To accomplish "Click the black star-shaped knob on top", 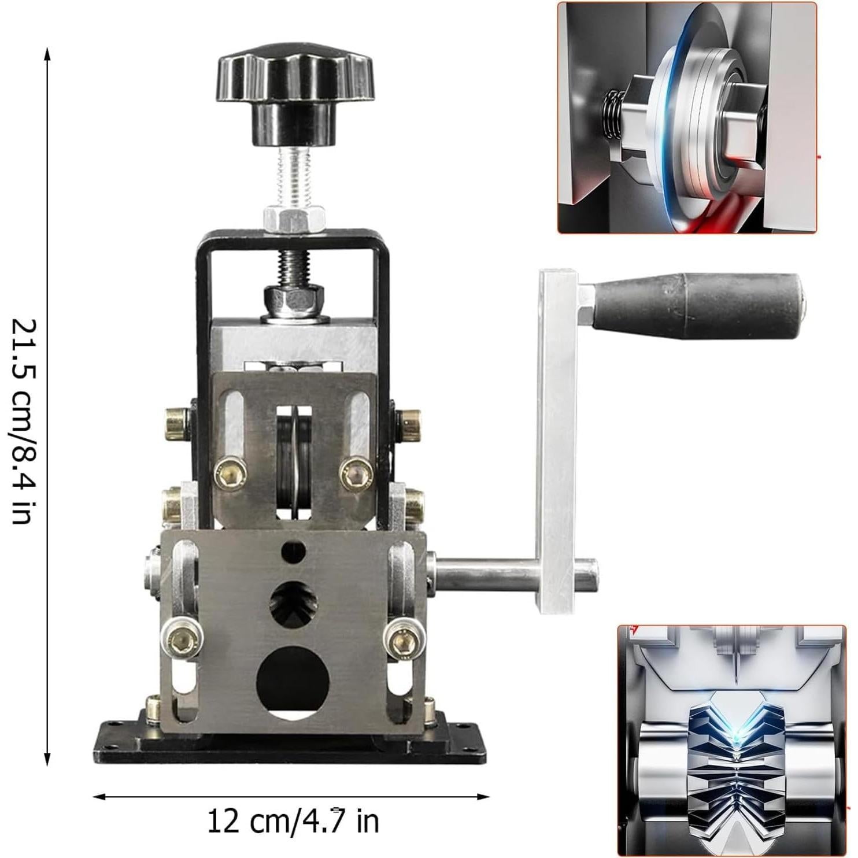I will tap(295, 81).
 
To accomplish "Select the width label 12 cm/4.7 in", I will tap(293, 820).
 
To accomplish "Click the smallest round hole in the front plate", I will tap(293, 550).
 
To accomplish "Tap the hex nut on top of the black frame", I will tap(293, 219).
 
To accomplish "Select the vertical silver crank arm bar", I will tap(557, 439).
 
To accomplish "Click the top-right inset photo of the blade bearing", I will tap(687, 117).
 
